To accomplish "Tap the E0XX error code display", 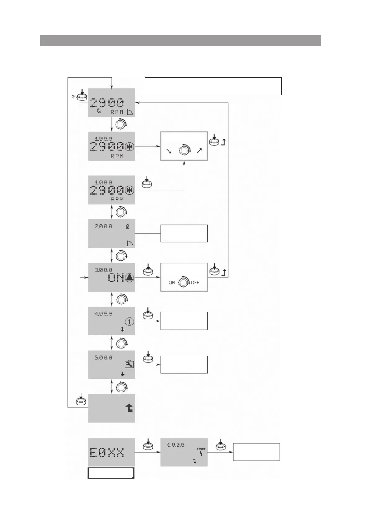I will [x=107, y=453].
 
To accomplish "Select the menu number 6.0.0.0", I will [x=176, y=445].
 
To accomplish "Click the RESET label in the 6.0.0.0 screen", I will [x=201, y=449].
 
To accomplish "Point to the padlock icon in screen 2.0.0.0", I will [x=128, y=227].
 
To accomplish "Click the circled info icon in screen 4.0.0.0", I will [x=130, y=321].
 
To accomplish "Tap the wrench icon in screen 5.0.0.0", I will [x=129, y=364].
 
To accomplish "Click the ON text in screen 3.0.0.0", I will [x=116, y=278].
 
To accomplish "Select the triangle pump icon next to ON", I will [x=130, y=278].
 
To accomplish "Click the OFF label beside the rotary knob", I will [x=195, y=283].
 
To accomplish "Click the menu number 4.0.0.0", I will [x=103, y=314].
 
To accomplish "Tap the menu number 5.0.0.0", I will [x=103, y=357].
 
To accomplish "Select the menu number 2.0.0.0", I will [x=103, y=227].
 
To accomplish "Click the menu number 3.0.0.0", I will [x=103, y=270].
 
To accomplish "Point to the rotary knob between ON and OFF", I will [x=184, y=282].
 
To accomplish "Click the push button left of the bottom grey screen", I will [x=81, y=401].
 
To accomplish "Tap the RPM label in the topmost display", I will [x=117, y=112].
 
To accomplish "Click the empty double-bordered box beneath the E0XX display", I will [x=111, y=473].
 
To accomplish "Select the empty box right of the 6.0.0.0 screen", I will [x=256, y=452].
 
